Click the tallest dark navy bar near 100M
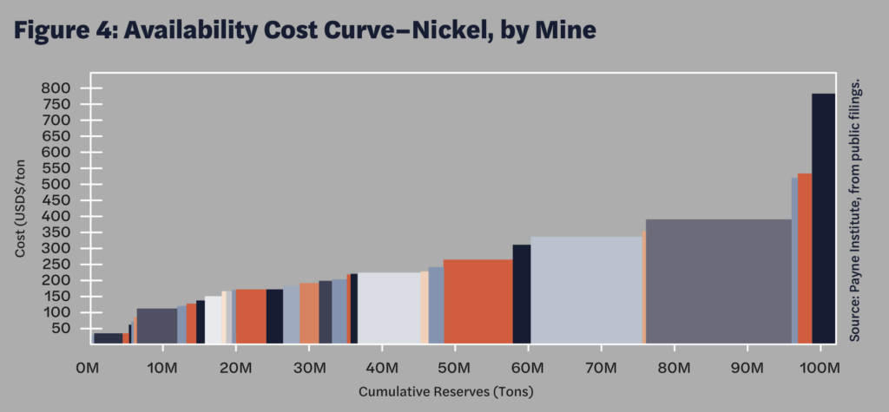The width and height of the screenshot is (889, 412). [x=823, y=217]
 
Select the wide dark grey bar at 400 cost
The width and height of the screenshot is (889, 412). [x=718, y=280]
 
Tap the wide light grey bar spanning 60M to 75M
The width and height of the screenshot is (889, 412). [x=586, y=289]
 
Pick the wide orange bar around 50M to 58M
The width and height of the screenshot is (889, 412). [x=477, y=300]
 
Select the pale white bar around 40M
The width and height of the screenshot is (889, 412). [x=389, y=307]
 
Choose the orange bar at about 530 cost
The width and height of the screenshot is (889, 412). [x=805, y=257]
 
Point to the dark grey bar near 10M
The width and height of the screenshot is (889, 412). [x=157, y=325]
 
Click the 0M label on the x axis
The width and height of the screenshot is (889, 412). [x=88, y=369]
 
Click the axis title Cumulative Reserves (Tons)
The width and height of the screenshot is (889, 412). [x=446, y=392]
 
